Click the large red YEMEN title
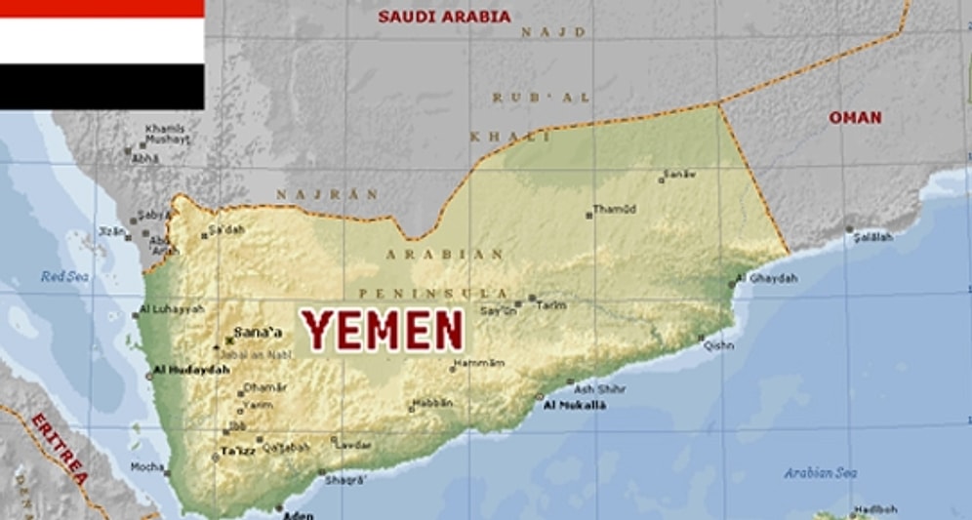tap(383, 329)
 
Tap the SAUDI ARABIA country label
tap(444, 17)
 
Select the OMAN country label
tap(855, 118)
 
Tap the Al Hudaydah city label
tap(191, 370)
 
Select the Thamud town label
tap(615, 209)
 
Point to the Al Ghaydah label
tap(767, 278)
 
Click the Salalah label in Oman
tap(874, 236)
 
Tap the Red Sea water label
tap(64, 277)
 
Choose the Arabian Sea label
tap(821, 473)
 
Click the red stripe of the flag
tap(101, 9)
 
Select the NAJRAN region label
tap(327, 194)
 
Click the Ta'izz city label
tap(237, 451)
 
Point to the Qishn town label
tap(719, 344)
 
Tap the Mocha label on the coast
tap(147, 466)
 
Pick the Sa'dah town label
tap(227, 230)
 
